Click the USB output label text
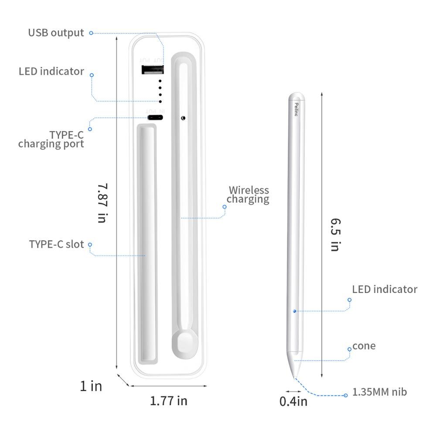(x=56, y=33)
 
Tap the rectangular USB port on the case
(x=153, y=70)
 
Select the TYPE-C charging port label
(x=51, y=139)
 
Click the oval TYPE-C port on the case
(x=155, y=117)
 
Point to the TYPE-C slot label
(x=56, y=244)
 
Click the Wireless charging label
(x=248, y=194)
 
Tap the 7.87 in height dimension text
(x=102, y=203)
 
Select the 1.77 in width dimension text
(x=168, y=400)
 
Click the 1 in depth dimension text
(x=91, y=386)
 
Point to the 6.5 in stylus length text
(x=334, y=234)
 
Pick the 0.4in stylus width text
(x=293, y=401)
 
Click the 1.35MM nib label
(x=380, y=392)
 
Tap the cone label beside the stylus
(x=364, y=346)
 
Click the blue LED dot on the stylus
(x=295, y=311)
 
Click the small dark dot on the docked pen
(x=183, y=117)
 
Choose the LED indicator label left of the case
(x=51, y=71)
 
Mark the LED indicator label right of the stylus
(x=385, y=289)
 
